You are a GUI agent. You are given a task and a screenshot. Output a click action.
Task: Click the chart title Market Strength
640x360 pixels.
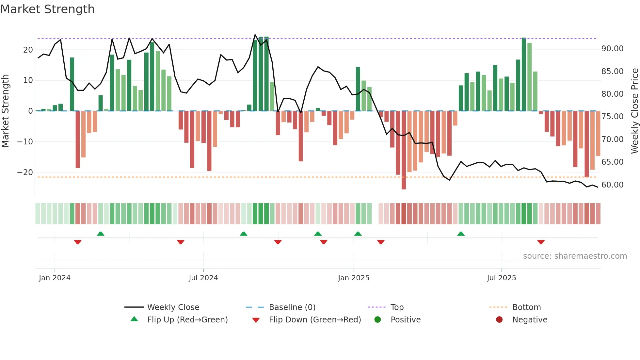47,9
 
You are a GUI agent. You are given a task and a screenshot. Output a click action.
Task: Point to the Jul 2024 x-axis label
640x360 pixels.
203,278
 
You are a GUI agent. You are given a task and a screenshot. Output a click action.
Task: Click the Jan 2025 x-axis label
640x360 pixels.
354,278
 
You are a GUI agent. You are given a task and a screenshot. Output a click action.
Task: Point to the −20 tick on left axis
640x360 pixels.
25,172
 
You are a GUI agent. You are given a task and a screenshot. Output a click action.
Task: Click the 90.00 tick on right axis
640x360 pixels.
612,49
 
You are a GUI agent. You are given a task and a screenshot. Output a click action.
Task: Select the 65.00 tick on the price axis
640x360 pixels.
612,162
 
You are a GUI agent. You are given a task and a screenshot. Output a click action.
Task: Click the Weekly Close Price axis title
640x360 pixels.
634,111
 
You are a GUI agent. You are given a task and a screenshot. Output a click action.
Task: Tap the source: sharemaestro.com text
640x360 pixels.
575,256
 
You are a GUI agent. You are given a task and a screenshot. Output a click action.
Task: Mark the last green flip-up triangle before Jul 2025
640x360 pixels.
461,234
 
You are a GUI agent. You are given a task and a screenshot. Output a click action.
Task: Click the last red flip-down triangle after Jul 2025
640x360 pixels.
541,242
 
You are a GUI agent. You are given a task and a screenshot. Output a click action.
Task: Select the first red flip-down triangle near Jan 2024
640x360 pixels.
78,242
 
